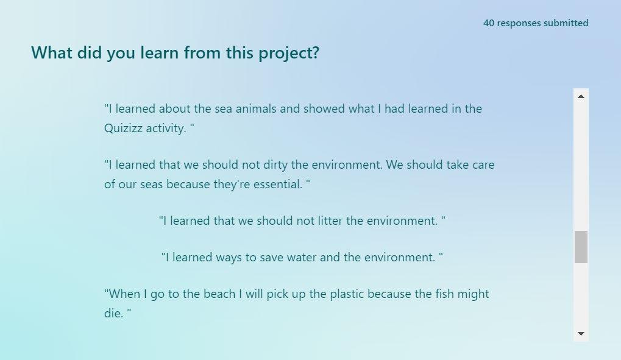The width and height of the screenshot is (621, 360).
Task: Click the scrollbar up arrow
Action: pos(581,96)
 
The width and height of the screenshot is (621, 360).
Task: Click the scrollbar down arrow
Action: pos(581,333)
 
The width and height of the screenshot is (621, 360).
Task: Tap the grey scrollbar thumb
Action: pos(581,247)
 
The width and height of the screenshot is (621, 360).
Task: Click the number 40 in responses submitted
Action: pos(489,23)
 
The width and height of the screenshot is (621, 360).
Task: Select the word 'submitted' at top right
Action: pos(566,23)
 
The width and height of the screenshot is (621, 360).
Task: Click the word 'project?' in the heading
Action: pos(289,53)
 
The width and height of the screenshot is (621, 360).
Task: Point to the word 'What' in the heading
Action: pos(52,52)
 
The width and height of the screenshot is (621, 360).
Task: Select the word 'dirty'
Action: pos(275,164)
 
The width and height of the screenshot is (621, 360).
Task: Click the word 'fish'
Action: pos(444,294)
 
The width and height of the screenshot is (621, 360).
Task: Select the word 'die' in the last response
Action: pos(113,313)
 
